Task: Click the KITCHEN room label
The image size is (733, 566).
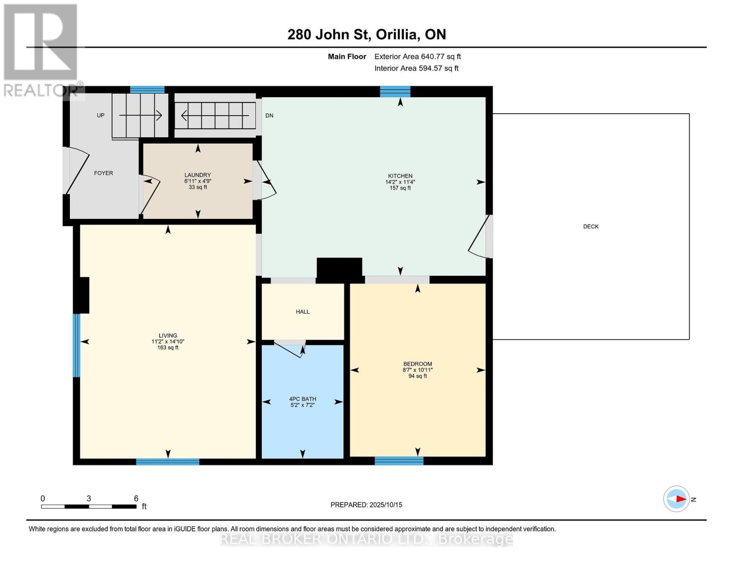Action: [400, 176]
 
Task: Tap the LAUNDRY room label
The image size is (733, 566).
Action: [197, 175]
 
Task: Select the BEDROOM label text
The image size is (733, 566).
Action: [417, 364]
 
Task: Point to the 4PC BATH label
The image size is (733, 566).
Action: [303, 399]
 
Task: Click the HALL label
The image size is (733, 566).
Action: [303, 312]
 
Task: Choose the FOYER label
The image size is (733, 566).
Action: [103, 173]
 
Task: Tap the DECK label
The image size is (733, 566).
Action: [590, 226]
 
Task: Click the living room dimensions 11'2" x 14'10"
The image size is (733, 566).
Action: [168, 341]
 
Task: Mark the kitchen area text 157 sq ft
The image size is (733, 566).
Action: [400, 188]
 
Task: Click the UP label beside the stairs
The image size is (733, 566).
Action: [101, 116]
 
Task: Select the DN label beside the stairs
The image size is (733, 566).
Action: [269, 116]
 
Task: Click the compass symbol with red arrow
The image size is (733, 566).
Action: [676, 499]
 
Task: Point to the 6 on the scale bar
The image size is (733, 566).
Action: [136, 499]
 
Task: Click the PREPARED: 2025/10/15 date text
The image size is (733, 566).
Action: [366, 505]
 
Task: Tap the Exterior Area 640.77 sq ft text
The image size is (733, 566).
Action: [417, 57]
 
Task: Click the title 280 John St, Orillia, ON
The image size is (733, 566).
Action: [367, 34]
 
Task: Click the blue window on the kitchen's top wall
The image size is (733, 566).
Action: [395, 92]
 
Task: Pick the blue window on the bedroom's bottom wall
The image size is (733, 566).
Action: [399, 461]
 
